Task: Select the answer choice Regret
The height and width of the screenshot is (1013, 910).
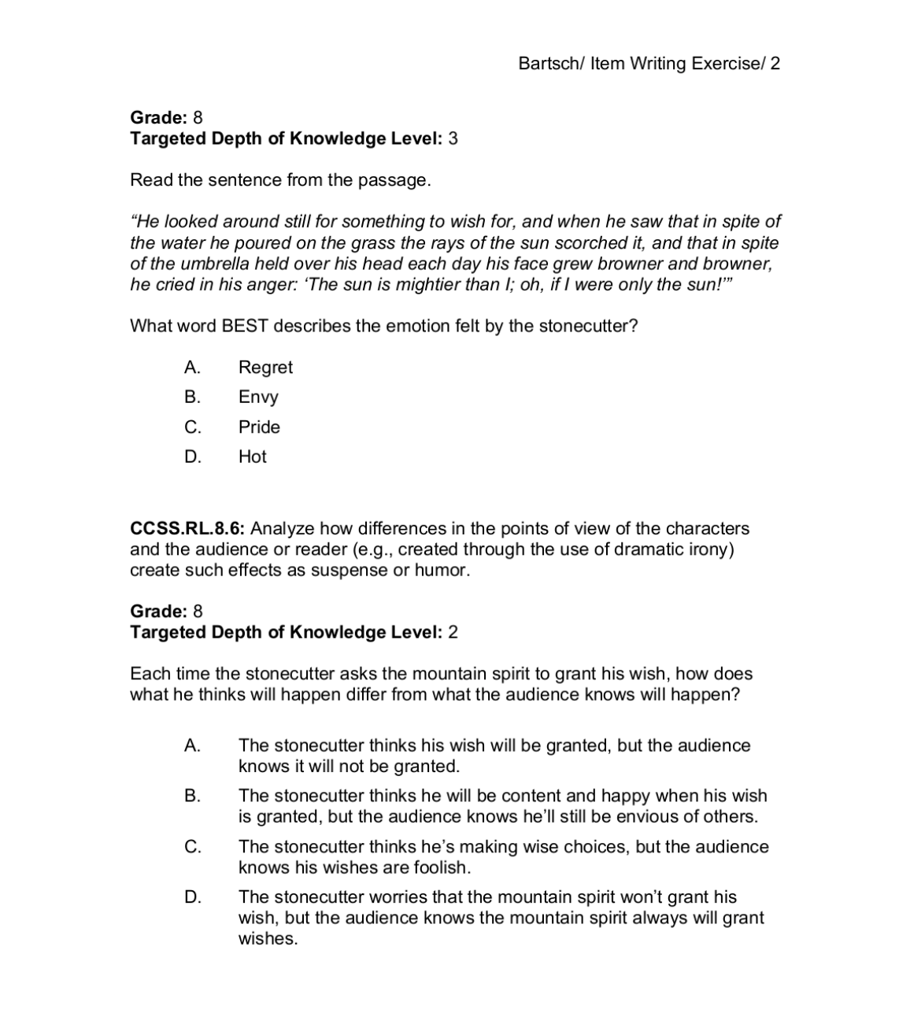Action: point(265,368)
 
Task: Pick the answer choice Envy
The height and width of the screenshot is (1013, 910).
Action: point(258,397)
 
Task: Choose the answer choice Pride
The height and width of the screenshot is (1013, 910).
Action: point(259,427)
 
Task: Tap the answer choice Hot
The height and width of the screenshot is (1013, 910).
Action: point(253,457)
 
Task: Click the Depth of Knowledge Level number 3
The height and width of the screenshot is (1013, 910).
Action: point(453,139)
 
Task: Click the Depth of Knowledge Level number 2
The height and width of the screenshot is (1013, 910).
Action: point(453,633)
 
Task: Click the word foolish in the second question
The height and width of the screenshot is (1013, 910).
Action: point(441,868)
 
